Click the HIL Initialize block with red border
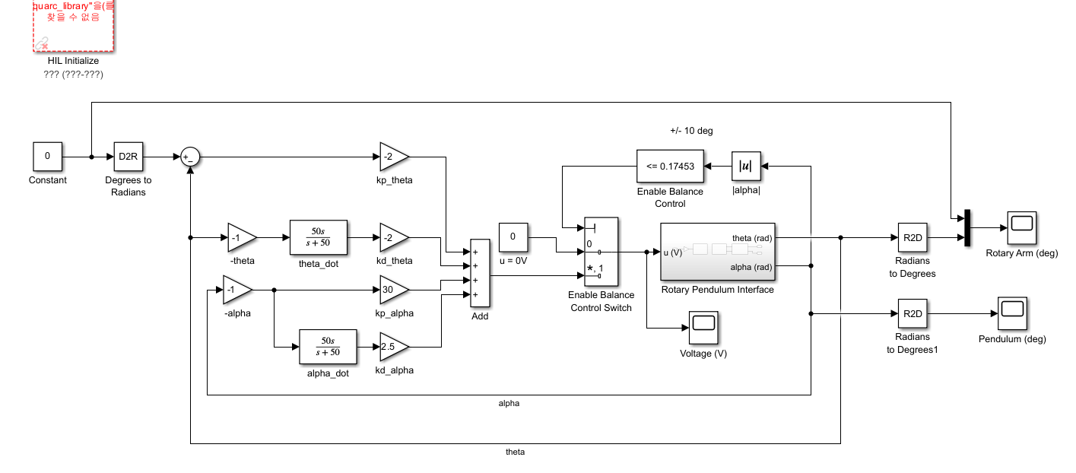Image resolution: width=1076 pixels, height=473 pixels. (x=73, y=26)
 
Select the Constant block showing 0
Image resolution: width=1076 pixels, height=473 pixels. (x=47, y=157)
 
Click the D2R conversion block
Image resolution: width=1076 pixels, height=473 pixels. (x=129, y=157)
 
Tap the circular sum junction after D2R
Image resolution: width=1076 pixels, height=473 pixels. (x=189, y=157)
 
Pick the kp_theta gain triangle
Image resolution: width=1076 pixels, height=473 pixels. (x=392, y=157)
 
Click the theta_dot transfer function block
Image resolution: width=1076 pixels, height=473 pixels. (x=319, y=237)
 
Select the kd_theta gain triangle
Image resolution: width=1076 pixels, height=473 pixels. (x=392, y=237)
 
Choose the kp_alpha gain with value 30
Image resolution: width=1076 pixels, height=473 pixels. (x=392, y=289)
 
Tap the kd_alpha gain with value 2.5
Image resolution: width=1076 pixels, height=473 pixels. (x=392, y=347)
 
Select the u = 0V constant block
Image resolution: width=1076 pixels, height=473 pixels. (x=513, y=237)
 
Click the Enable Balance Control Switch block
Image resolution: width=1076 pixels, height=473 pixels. (x=601, y=251)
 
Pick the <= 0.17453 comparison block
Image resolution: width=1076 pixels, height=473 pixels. (x=669, y=166)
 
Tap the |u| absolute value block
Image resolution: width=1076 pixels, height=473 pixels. (x=746, y=166)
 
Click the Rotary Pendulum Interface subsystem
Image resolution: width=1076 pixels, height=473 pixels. (x=717, y=252)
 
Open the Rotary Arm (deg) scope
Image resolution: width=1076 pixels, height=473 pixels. (x=1021, y=227)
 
